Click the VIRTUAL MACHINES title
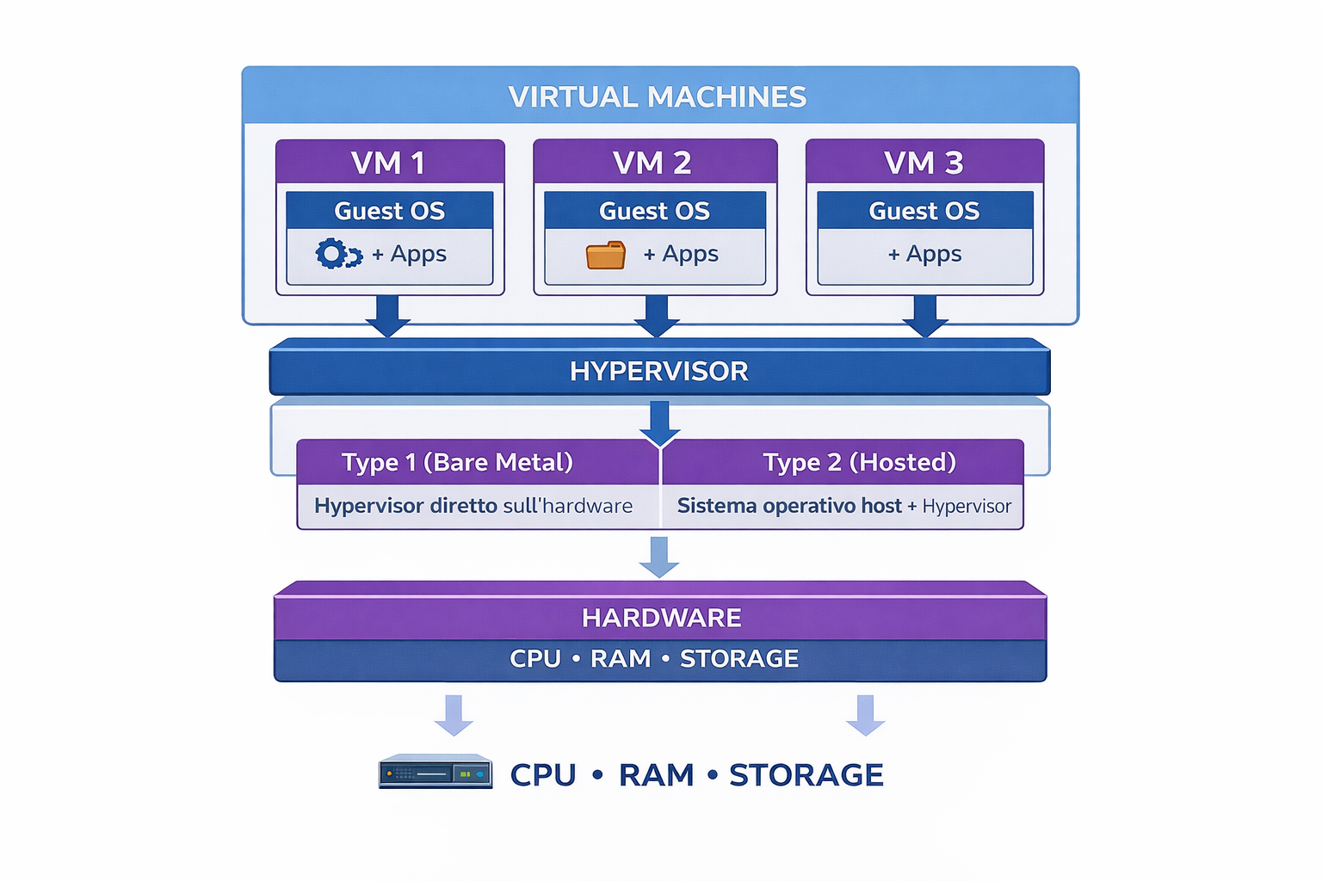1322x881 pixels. (658, 96)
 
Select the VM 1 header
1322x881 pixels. (389, 163)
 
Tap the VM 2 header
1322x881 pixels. (653, 163)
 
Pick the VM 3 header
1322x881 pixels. (924, 163)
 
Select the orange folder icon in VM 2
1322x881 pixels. (606, 256)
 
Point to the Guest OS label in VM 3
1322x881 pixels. (924, 211)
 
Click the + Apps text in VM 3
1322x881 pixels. (925, 254)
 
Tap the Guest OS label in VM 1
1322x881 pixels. (389, 211)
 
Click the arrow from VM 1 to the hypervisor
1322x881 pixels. (388, 316)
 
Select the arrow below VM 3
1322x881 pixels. (925, 316)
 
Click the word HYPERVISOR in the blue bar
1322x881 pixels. (659, 371)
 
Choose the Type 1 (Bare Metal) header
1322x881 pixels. (457, 462)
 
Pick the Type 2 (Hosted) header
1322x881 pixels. (859, 462)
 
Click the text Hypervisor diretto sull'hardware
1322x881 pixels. (473, 506)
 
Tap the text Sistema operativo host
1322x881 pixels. (789, 506)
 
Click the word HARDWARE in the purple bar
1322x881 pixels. (661, 618)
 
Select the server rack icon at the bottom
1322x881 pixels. (436, 773)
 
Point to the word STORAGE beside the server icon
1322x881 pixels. (806, 775)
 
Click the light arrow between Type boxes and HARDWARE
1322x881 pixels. (659, 557)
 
